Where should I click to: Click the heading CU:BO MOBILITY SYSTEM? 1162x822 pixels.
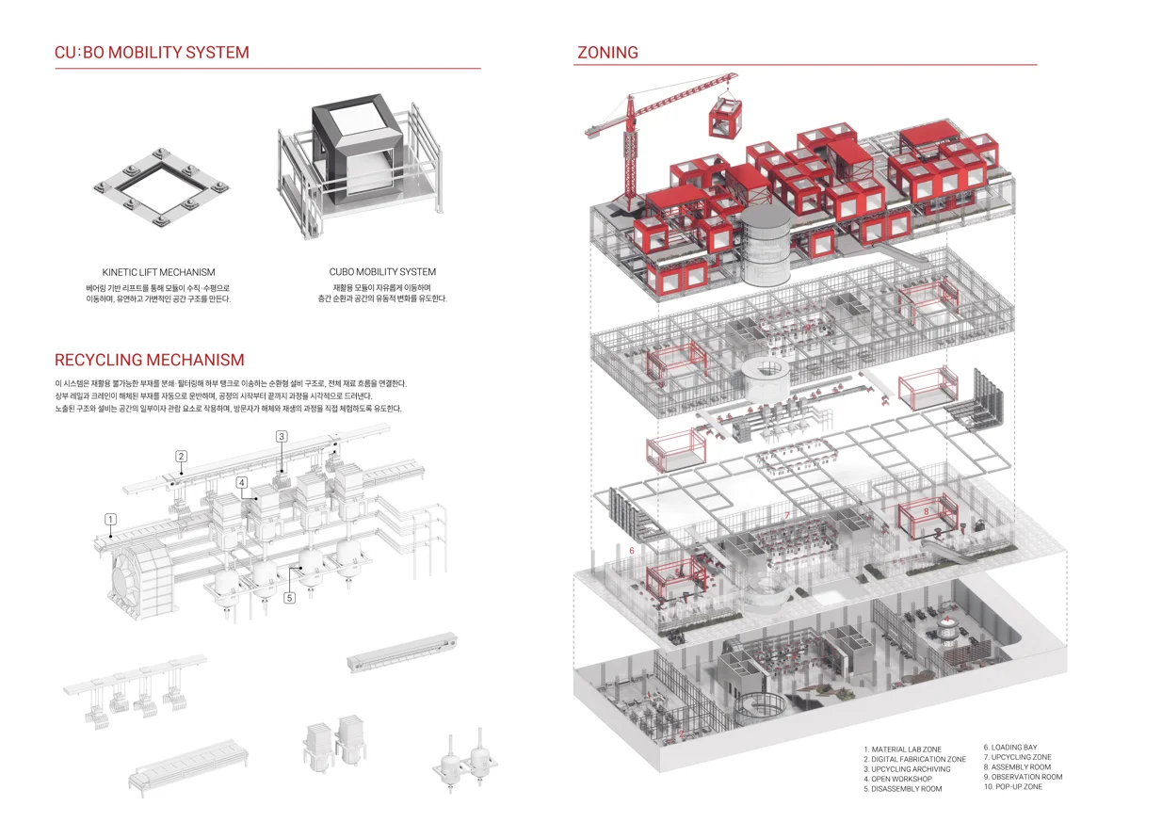(152, 53)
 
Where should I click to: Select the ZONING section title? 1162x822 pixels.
(607, 53)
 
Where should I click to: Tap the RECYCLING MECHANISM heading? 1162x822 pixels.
(149, 360)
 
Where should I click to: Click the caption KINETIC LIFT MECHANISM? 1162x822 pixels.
(158, 272)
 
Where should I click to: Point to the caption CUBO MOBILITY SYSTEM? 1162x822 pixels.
(382, 272)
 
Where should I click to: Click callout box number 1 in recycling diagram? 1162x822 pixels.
(110, 519)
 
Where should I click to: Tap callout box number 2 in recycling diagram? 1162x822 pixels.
(181, 457)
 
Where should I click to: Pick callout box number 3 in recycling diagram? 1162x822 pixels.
(281, 436)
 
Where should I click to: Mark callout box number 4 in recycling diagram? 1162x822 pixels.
(242, 483)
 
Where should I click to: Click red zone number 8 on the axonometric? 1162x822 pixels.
(926, 512)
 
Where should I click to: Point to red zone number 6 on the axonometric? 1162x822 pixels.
(632, 550)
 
